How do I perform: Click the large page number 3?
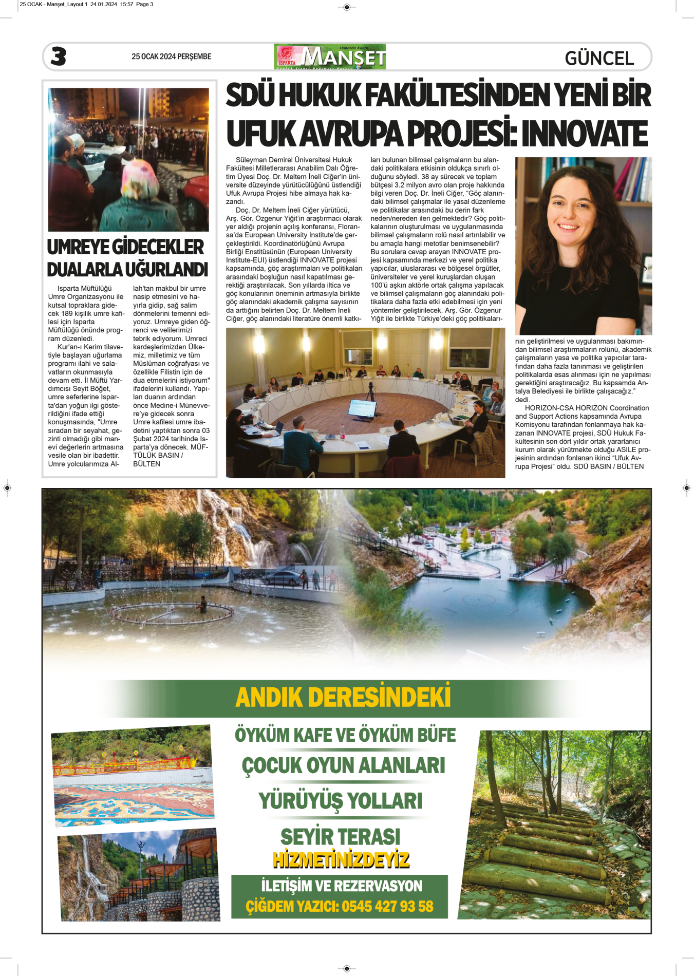(x=59, y=57)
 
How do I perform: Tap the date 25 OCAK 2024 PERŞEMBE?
(x=171, y=57)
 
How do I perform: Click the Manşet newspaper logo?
(x=330, y=57)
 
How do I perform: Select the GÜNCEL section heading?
(x=599, y=58)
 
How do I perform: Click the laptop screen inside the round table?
(x=362, y=408)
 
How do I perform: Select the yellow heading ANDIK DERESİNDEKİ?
(x=343, y=698)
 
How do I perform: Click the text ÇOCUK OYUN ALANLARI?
(x=343, y=765)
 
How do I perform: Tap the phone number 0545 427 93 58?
(x=387, y=906)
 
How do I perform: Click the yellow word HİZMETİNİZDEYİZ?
(x=341, y=859)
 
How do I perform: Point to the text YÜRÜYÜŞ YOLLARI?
(x=340, y=801)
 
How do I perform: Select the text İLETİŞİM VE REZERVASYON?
(x=341, y=886)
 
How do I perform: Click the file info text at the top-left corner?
(x=86, y=4)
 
